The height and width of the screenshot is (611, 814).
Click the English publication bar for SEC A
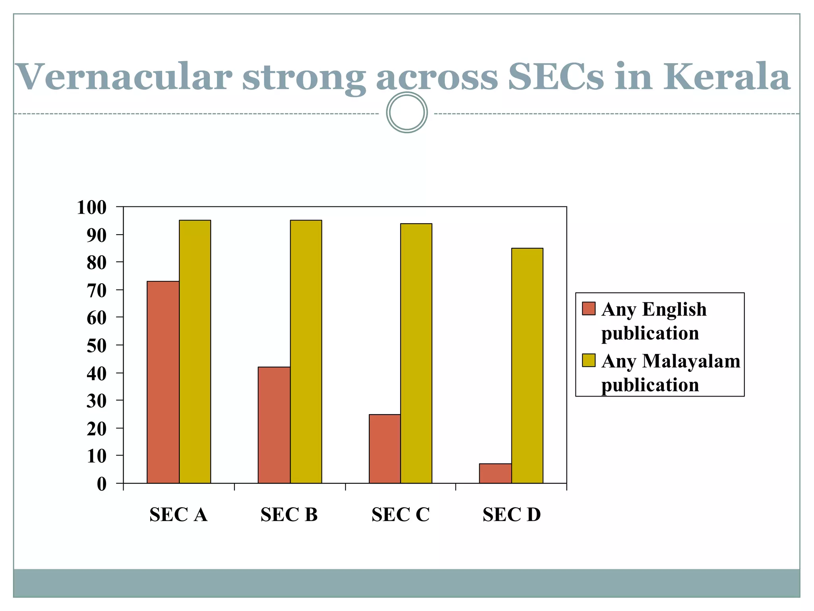pos(163,382)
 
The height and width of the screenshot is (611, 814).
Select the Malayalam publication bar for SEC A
pos(195,352)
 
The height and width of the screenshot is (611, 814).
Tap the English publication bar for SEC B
pos(274,425)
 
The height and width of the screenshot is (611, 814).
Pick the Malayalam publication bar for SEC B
pos(306,352)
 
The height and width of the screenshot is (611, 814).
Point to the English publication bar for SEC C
pos(384,449)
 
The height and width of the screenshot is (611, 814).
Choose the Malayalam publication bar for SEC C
pos(416,353)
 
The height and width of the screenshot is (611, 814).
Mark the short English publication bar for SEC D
pos(495,473)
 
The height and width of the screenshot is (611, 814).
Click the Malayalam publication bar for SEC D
pos(527,366)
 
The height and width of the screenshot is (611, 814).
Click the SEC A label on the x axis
pos(178,515)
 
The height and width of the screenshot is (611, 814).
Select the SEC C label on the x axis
pos(401,515)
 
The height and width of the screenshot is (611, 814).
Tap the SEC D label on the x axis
pos(512,515)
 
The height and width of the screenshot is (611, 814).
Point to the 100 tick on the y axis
pos(92,208)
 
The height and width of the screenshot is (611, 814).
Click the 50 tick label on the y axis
pos(97,346)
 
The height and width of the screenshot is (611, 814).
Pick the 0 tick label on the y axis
pos(102,484)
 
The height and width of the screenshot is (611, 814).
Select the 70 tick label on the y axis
pos(97,291)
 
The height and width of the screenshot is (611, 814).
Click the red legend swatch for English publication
pos(589,309)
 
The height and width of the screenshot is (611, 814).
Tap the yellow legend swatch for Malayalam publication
pos(589,360)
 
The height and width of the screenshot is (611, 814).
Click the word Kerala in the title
pos(726,76)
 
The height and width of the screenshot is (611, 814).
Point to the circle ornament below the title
pos(407,113)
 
